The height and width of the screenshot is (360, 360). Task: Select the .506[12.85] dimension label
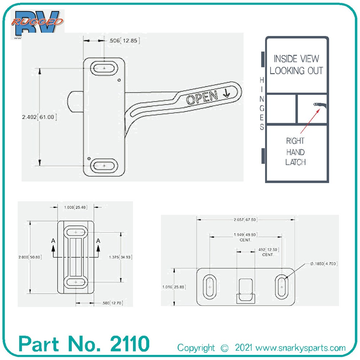pyautogui.click(x=124, y=41)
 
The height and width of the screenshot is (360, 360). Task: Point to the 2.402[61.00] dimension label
pyautogui.click(x=40, y=117)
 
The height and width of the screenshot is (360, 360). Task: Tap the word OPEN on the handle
pyautogui.click(x=202, y=98)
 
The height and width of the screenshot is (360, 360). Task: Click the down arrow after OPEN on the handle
pyautogui.click(x=226, y=93)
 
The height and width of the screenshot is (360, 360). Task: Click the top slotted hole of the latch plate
pyautogui.click(x=104, y=68)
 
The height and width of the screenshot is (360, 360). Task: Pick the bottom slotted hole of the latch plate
pyautogui.click(x=104, y=166)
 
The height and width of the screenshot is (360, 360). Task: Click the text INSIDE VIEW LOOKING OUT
pyautogui.click(x=296, y=65)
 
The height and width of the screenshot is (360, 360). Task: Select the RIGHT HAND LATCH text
pyautogui.click(x=295, y=152)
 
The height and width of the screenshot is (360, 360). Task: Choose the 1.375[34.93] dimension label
pyautogui.click(x=120, y=257)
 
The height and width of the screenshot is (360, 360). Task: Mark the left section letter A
pyautogui.click(x=53, y=240)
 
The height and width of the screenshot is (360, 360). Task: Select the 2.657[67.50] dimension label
pyautogui.click(x=245, y=220)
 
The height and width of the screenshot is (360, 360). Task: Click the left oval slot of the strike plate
pyautogui.click(x=210, y=287)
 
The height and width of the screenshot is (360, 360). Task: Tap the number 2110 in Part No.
pyautogui.click(x=129, y=344)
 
